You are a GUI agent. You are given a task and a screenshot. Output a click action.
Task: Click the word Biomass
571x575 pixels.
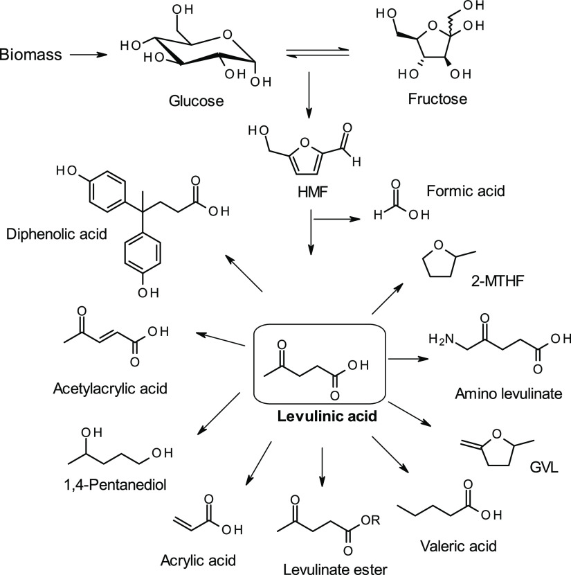click(x=30, y=53)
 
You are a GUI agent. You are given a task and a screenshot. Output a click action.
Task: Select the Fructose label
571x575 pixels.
click(x=437, y=99)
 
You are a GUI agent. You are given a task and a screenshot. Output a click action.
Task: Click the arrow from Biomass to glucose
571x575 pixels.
click(x=87, y=53)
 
